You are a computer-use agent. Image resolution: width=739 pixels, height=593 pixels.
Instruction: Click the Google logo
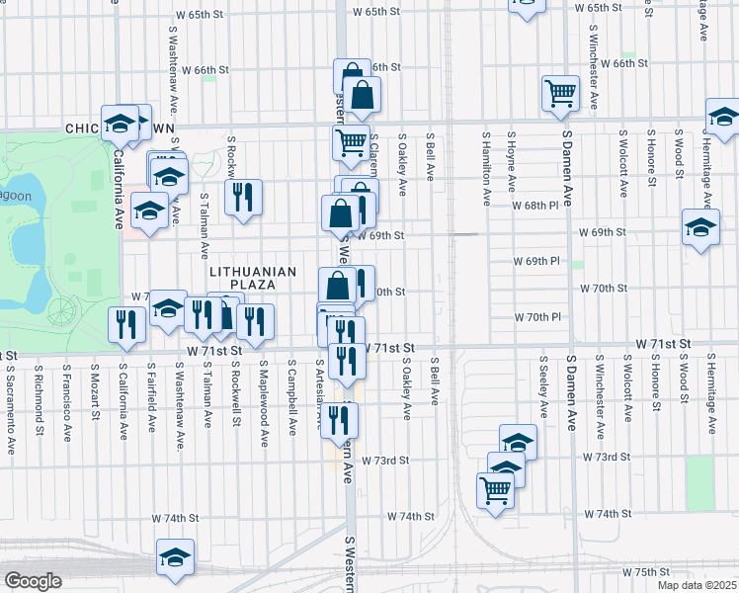(33, 581)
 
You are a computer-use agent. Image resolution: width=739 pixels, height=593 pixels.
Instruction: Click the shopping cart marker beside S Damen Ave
(560, 94)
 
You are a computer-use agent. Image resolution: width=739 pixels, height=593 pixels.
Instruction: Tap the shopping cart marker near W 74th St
(495, 488)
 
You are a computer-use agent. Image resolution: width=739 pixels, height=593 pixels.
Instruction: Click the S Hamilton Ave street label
(486, 169)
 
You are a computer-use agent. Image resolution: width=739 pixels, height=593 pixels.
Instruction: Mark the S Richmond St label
(39, 400)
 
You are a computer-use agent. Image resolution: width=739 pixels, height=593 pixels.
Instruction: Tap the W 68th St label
(536, 205)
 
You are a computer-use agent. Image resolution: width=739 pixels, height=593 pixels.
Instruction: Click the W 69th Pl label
(536, 261)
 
